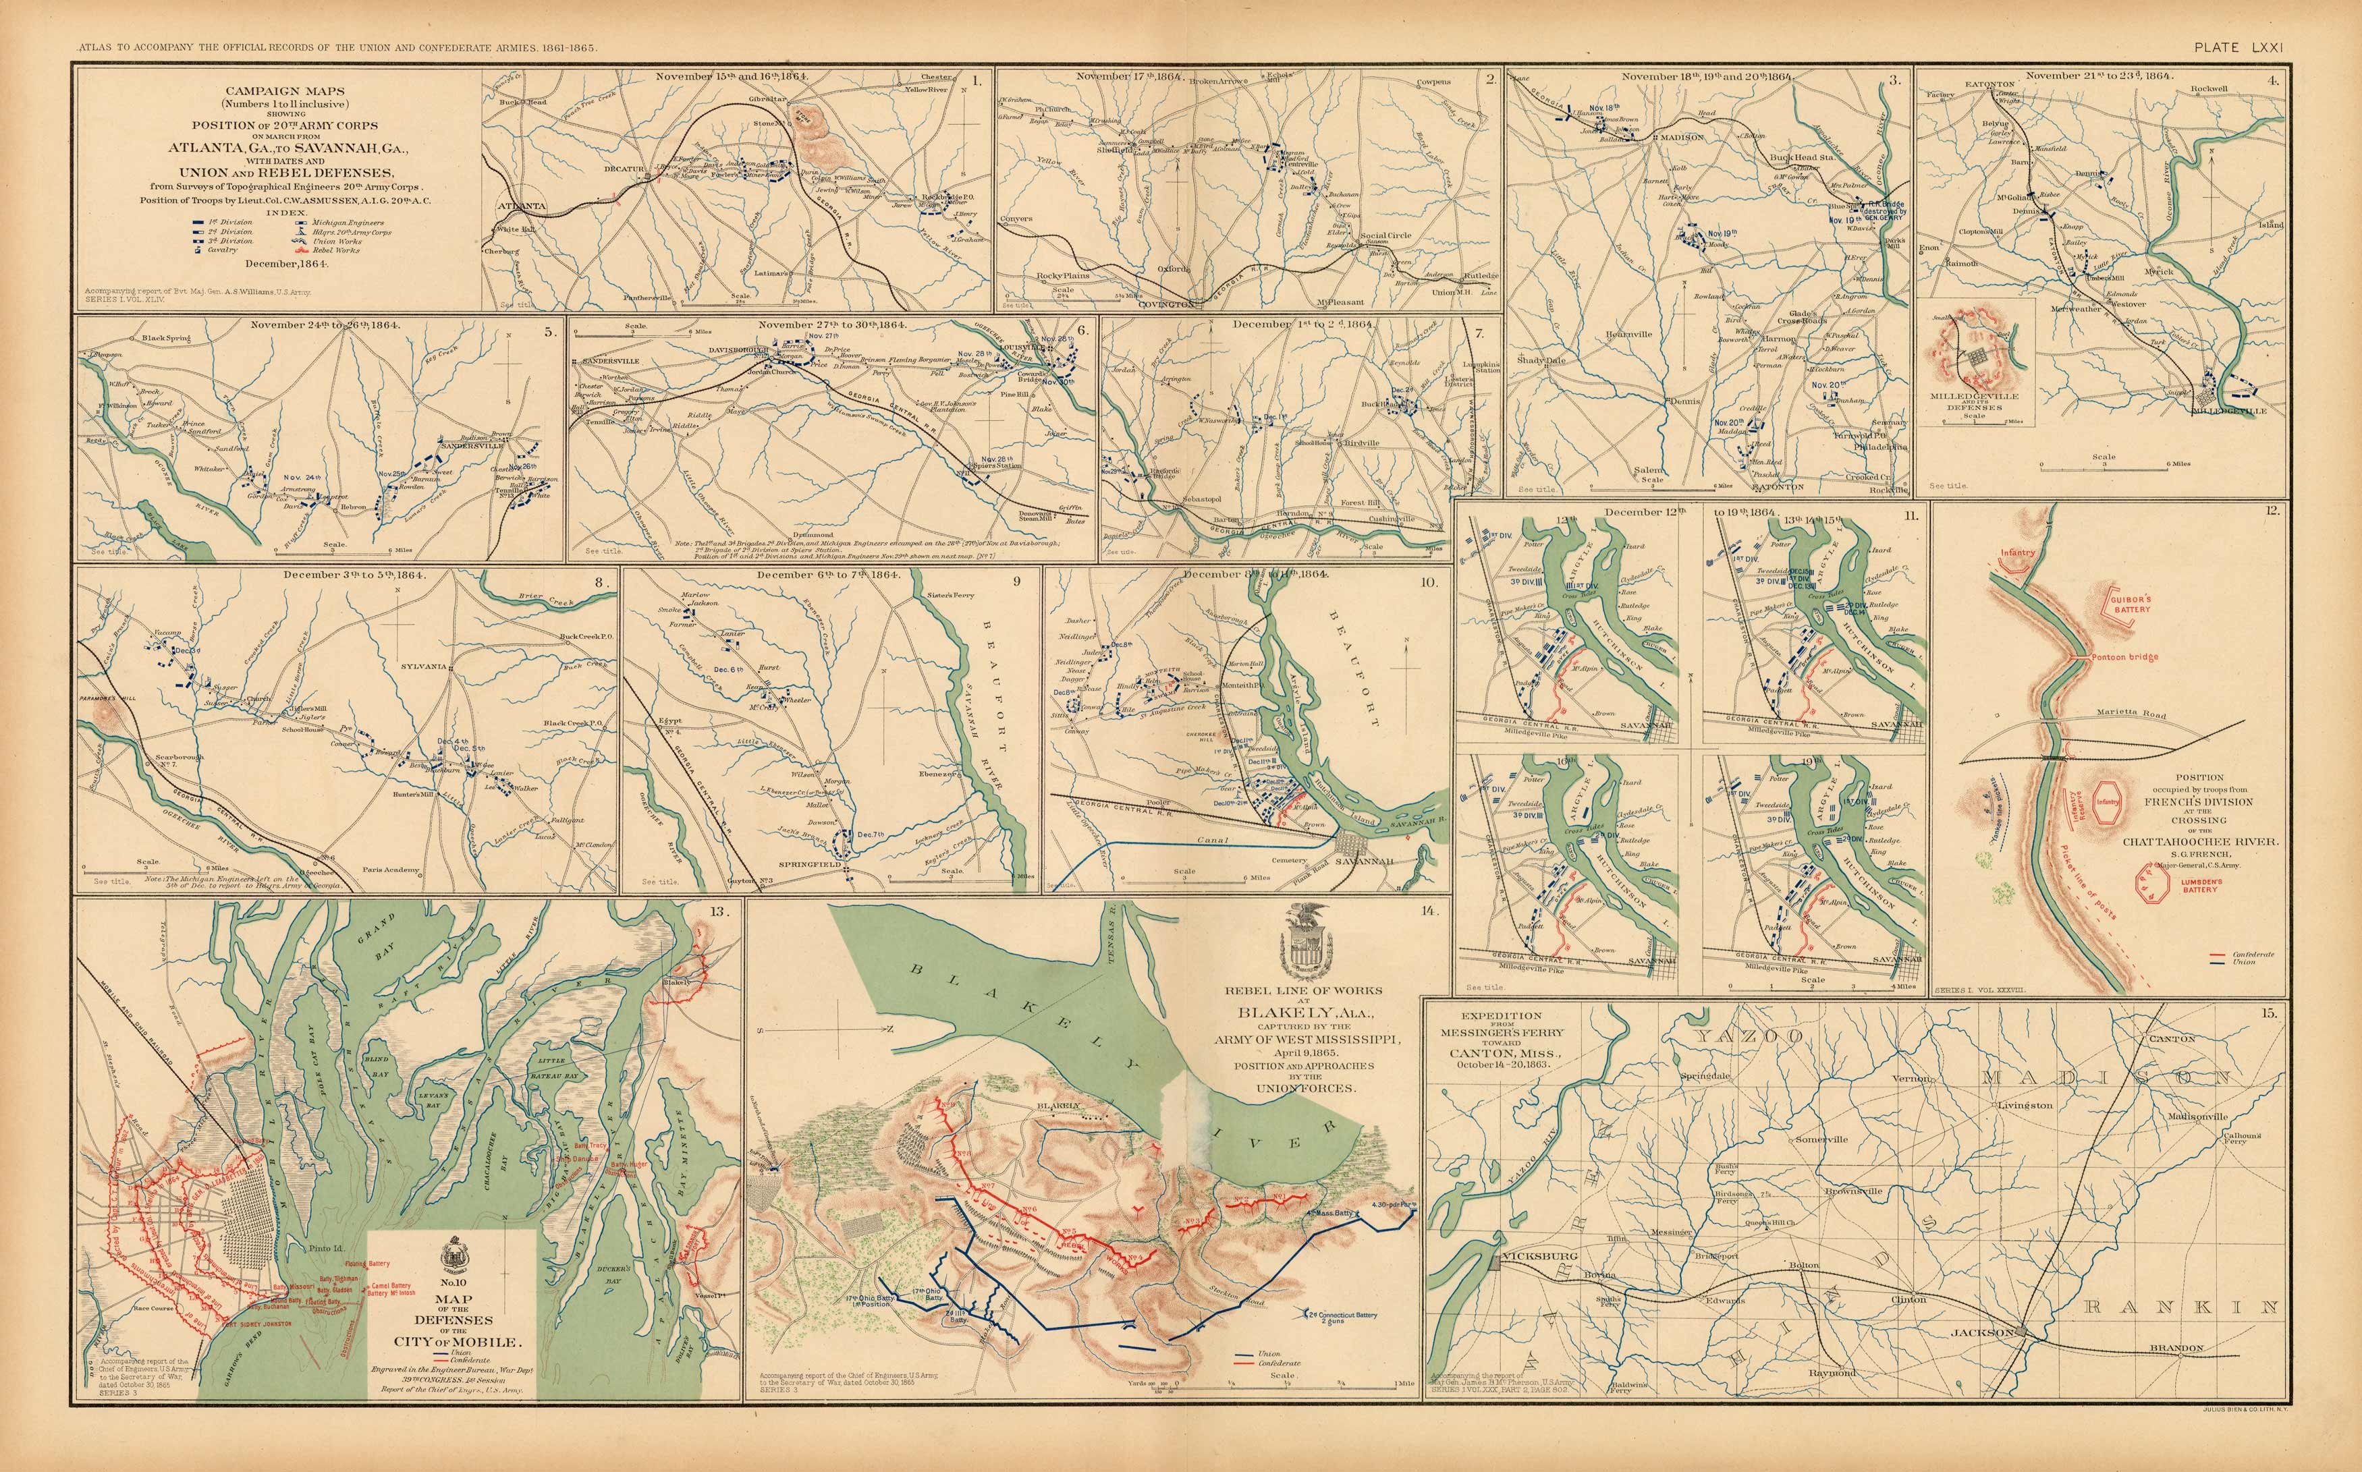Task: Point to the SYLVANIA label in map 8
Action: click(x=424, y=667)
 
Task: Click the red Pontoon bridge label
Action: click(x=2124, y=657)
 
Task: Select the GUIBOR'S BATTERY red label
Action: click(x=2131, y=604)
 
